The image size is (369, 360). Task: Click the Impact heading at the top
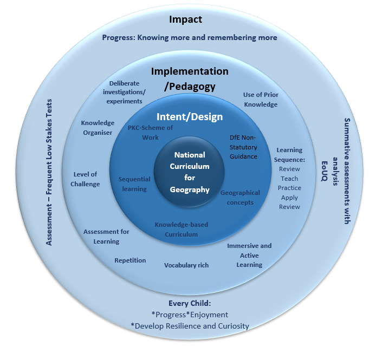click(x=185, y=19)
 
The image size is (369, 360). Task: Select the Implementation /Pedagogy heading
click(x=190, y=78)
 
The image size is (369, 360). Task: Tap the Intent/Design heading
click(x=190, y=117)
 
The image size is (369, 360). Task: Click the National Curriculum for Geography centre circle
click(x=189, y=172)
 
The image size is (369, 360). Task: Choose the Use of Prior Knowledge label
click(x=260, y=100)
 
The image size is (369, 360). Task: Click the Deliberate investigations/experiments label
click(x=124, y=92)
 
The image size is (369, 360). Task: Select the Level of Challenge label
click(x=86, y=179)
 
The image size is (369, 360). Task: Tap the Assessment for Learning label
click(x=106, y=237)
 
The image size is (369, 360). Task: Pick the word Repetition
click(x=130, y=260)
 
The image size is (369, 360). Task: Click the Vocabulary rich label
click(x=186, y=265)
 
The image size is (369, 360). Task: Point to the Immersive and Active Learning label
click(x=249, y=255)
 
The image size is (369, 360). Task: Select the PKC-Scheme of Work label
click(x=151, y=133)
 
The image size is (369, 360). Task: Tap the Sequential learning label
click(x=133, y=184)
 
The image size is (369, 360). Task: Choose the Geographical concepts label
click(x=240, y=198)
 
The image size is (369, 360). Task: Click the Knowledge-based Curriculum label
click(x=181, y=229)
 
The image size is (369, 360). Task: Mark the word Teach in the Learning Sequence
click(x=289, y=179)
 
